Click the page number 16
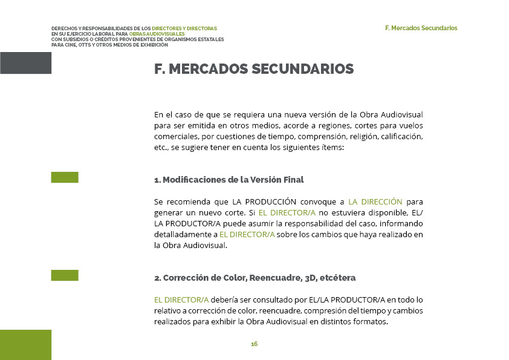pos(254,344)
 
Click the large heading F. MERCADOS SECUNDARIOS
pos(254,69)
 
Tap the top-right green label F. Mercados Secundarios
pos(421,28)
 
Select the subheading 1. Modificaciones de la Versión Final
pos(229,180)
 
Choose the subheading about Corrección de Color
pos(254,278)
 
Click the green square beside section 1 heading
pos(65,177)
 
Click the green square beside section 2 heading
pos(65,275)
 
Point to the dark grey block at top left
pos(25,63)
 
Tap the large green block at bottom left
pos(25,344)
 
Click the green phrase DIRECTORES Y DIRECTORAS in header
pos(184,28)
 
